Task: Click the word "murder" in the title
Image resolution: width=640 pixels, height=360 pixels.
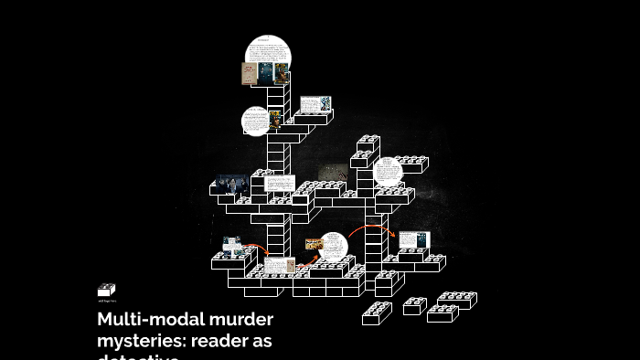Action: click(x=235, y=320)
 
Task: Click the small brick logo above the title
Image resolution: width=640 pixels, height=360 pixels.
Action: click(x=106, y=290)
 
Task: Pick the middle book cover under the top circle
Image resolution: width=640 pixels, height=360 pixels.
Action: click(x=265, y=74)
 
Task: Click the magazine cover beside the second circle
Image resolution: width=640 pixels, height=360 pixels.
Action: click(x=275, y=120)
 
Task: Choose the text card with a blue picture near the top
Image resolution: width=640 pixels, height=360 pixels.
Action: click(x=314, y=104)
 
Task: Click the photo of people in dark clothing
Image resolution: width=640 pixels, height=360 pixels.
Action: click(x=231, y=185)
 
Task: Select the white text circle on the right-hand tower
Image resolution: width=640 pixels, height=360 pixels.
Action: click(x=389, y=172)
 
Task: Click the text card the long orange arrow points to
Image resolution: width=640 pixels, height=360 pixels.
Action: click(x=413, y=240)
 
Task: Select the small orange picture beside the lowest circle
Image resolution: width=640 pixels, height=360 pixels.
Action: click(x=314, y=244)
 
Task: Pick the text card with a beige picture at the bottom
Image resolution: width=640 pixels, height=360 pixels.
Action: click(x=280, y=265)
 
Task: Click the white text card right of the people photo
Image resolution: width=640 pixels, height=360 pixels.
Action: click(x=278, y=183)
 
